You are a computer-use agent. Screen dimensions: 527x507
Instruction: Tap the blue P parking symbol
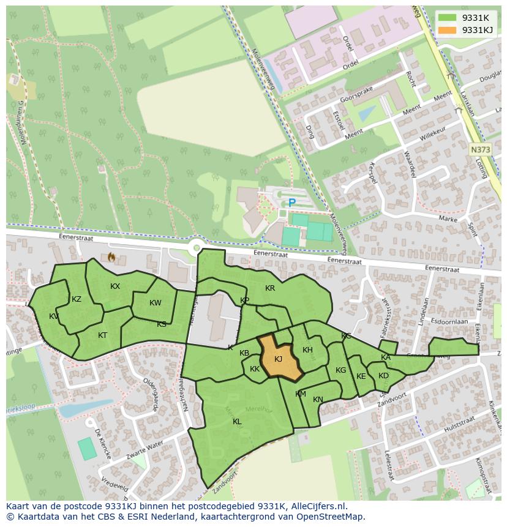292,203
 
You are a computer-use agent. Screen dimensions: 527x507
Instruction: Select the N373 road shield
481,149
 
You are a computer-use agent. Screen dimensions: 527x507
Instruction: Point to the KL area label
237,422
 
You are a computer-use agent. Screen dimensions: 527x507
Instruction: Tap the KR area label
270,288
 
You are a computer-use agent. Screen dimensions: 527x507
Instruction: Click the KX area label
115,286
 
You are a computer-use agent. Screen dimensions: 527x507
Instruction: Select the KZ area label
77,299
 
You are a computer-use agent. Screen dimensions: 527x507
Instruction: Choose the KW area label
156,303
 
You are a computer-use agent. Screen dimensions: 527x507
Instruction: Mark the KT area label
103,335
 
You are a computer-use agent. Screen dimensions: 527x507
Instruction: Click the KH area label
307,350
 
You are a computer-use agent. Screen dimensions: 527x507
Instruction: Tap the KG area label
340,370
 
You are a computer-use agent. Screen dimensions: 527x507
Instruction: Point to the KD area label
383,376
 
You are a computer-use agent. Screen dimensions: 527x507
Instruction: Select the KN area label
318,400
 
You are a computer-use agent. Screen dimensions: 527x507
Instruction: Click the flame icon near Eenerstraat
111,257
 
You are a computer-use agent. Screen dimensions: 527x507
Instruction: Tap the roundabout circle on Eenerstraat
196,248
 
